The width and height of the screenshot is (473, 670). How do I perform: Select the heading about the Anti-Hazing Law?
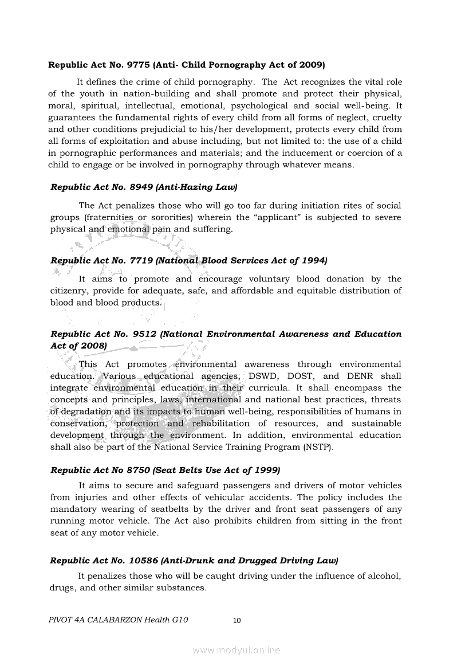[144, 187]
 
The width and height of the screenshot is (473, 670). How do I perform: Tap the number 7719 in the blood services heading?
[141, 260]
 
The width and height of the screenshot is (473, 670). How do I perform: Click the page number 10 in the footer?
[237, 620]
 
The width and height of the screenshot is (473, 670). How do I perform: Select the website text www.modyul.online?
[237, 650]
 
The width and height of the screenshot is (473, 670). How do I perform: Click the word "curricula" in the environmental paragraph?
[271, 388]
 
